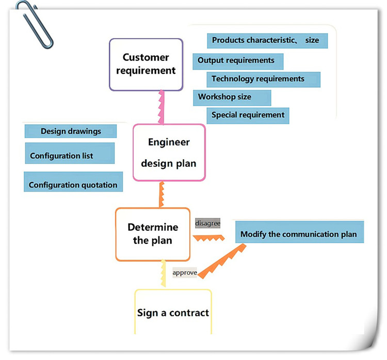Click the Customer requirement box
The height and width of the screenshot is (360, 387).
tap(146, 65)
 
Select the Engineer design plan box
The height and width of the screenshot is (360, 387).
tap(169, 152)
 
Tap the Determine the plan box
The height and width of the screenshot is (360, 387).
tap(152, 234)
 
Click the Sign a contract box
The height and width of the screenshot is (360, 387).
tap(173, 312)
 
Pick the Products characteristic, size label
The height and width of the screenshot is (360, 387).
tap(266, 40)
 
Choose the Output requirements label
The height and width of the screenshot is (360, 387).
tap(237, 61)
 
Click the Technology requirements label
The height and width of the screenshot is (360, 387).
tap(263, 79)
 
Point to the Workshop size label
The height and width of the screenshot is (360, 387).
tap(232, 97)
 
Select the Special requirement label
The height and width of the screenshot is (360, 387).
tap(248, 115)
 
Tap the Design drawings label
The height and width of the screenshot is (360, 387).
tap(71, 131)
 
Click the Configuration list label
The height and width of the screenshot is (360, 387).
tap(69, 155)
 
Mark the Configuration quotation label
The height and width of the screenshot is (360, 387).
tap(73, 184)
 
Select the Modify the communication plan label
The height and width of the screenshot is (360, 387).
tap(299, 233)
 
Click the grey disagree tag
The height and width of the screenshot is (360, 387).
tap(208, 223)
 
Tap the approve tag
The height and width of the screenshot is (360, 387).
tap(185, 272)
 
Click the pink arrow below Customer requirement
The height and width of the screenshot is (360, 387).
tap(162, 107)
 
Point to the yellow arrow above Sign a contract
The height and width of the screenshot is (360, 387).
tap(163, 274)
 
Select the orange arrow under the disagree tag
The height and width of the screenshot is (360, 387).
tap(209, 238)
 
